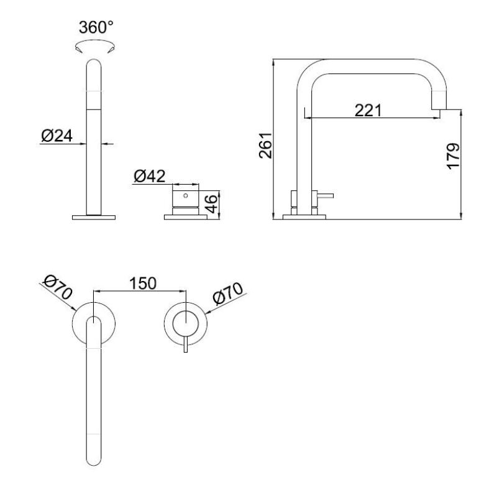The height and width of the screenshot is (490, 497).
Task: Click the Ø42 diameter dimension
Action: pyautogui.click(x=149, y=177)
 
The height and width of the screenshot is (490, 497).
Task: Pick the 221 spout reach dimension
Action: pyautogui.click(x=368, y=110)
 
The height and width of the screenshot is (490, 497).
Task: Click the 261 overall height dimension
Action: pyautogui.click(x=265, y=145)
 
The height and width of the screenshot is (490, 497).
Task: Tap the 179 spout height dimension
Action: pyautogui.click(x=454, y=157)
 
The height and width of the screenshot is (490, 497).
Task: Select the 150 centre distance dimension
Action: pyautogui.click(x=143, y=282)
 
